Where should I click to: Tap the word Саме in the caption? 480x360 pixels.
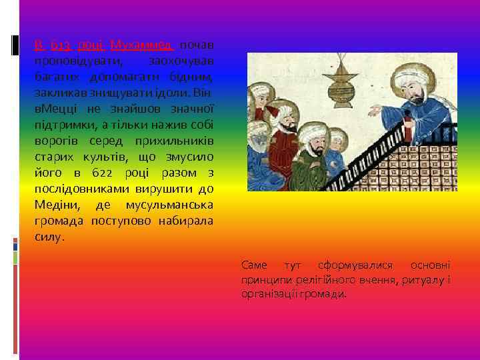254,265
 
